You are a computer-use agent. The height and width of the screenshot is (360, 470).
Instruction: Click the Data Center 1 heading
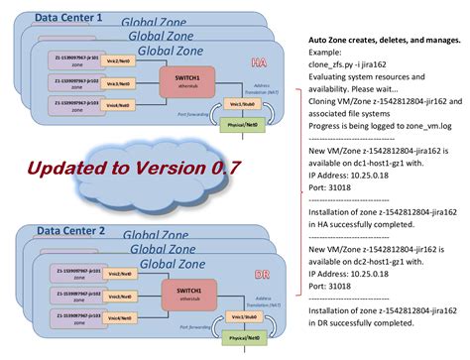pyautogui.click(x=69, y=18)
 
